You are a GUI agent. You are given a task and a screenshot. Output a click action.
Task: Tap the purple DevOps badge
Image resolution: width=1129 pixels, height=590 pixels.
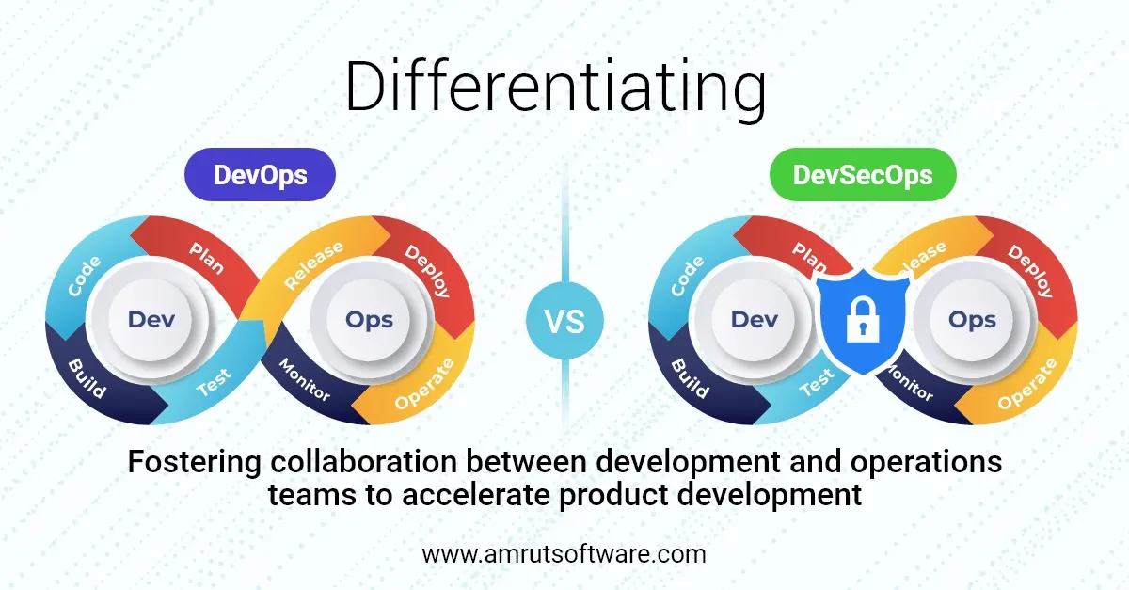pyautogui.click(x=261, y=175)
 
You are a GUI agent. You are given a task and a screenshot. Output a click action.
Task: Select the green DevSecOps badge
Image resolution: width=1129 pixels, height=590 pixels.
pyautogui.click(x=864, y=175)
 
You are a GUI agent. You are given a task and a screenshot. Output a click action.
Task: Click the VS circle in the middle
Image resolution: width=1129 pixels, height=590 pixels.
pyautogui.click(x=564, y=321)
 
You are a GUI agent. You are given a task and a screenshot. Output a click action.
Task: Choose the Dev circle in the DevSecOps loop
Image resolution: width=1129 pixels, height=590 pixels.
pyautogui.click(x=755, y=320)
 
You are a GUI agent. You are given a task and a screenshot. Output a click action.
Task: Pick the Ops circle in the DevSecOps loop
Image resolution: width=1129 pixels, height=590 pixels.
pyautogui.click(x=972, y=320)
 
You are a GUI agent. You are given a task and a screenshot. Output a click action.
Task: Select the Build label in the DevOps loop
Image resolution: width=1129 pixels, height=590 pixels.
pyautogui.click(x=86, y=376)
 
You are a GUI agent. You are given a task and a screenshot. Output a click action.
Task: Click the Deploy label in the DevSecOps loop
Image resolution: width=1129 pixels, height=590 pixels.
pyautogui.click(x=1031, y=270)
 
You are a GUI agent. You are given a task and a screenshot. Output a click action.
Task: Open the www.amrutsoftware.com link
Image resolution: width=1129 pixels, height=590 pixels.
pyautogui.click(x=564, y=554)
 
